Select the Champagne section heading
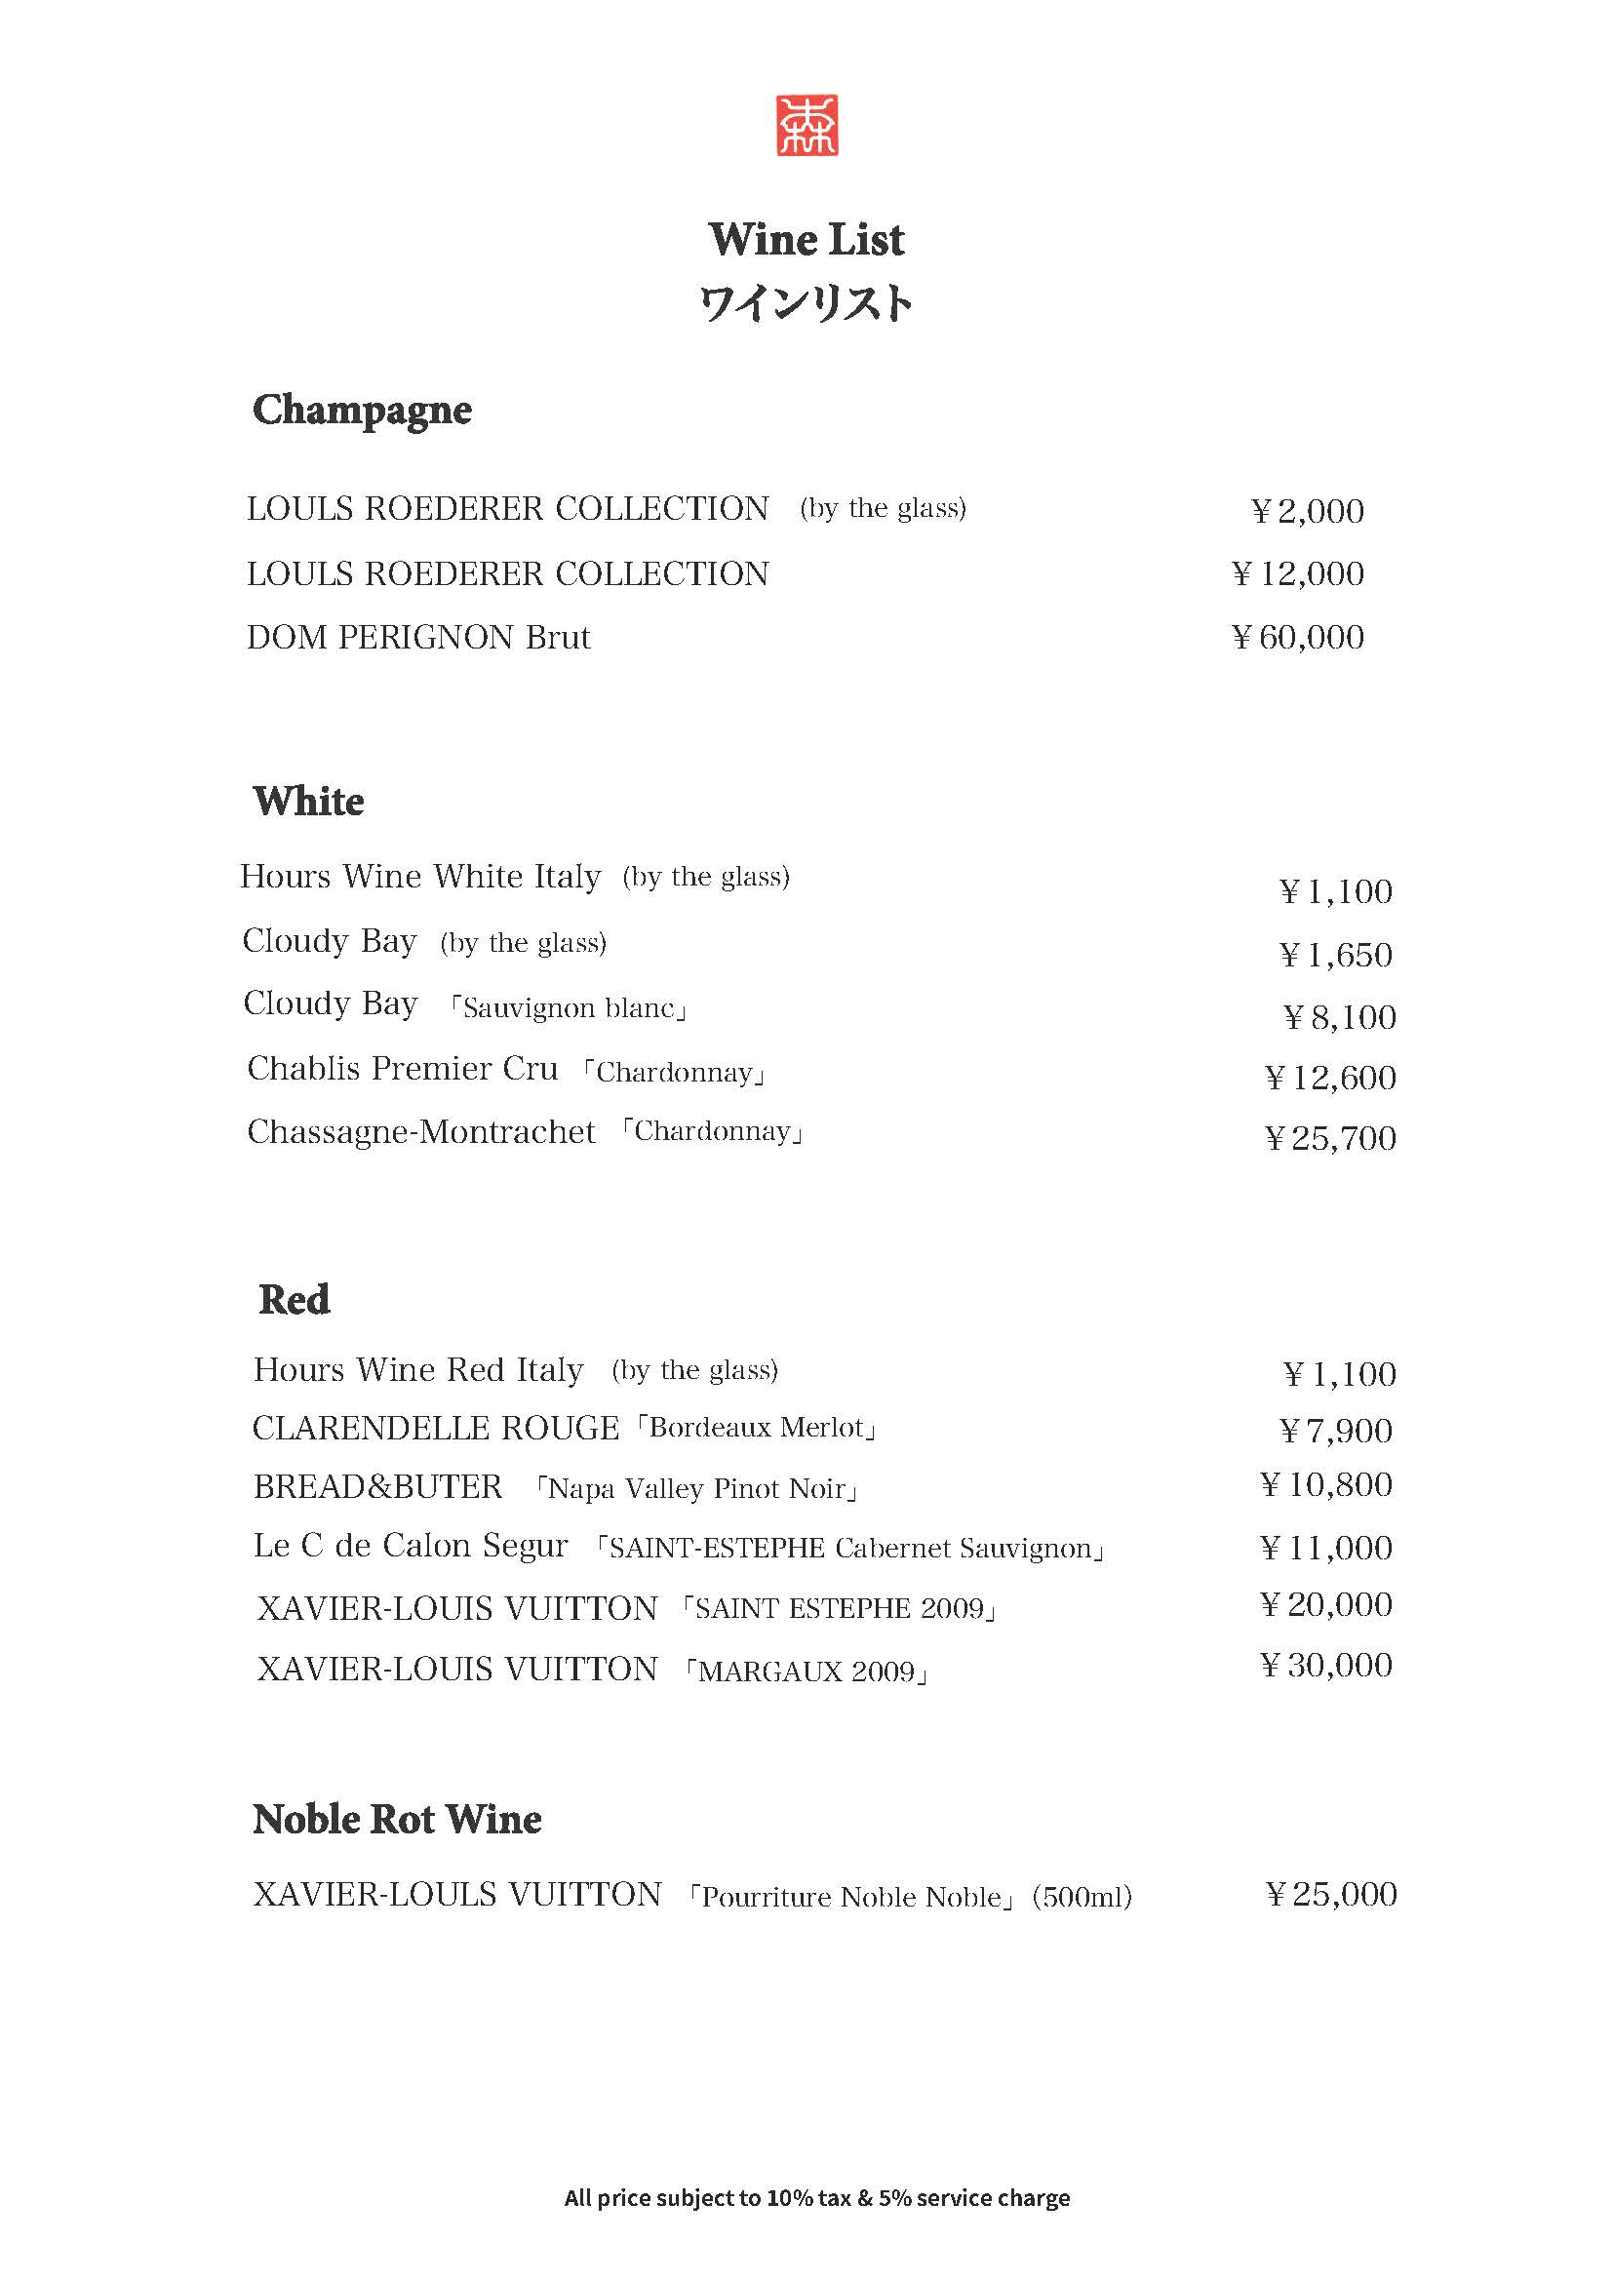pyautogui.click(x=362, y=410)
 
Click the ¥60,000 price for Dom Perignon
pyautogui.click(x=1298, y=637)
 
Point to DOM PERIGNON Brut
pyautogui.click(x=418, y=637)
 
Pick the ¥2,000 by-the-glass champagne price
pyautogui.click(x=1307, y=511)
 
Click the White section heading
pyautogui.click(x=308, y=801)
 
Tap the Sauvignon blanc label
pyautogui.click(x=569, y=1007)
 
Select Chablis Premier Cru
pyautogui.click(x=403, y=1069)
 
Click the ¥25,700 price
pyautogui.click(x=1331, y=1138)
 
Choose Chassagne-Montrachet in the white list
pyautogui.click(x=420, y=1132)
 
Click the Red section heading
pyautogui.click(x=295, y=1299)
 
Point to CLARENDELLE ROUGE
pyautogui.click(x=435, y=1429)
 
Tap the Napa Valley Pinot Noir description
pyautogui.click(x=695, y=1488)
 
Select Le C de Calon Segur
pyautogui.click(x=411, y=1546)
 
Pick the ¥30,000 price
pyautogui.click(x=1326, y=1665)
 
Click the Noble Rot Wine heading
pyautogui.click(x=397, y=1820)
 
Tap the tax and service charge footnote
pyautogui.click(x=817, y=2197)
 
